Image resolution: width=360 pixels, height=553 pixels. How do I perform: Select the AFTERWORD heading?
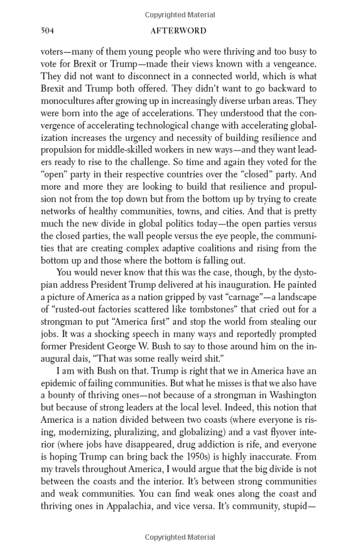(180, 31)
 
